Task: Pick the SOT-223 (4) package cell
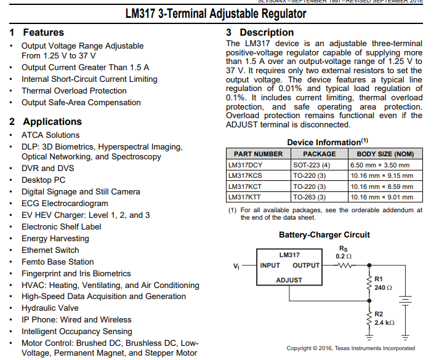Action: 312,165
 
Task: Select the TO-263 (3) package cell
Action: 312,197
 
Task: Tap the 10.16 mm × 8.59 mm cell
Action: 382,186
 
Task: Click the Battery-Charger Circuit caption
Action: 324,234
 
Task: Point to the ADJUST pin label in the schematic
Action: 289,280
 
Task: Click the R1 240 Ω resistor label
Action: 383,284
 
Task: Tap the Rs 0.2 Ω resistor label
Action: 344,252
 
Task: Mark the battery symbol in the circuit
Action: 405,301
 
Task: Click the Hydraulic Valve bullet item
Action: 50,308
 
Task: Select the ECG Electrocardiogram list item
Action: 65,203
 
